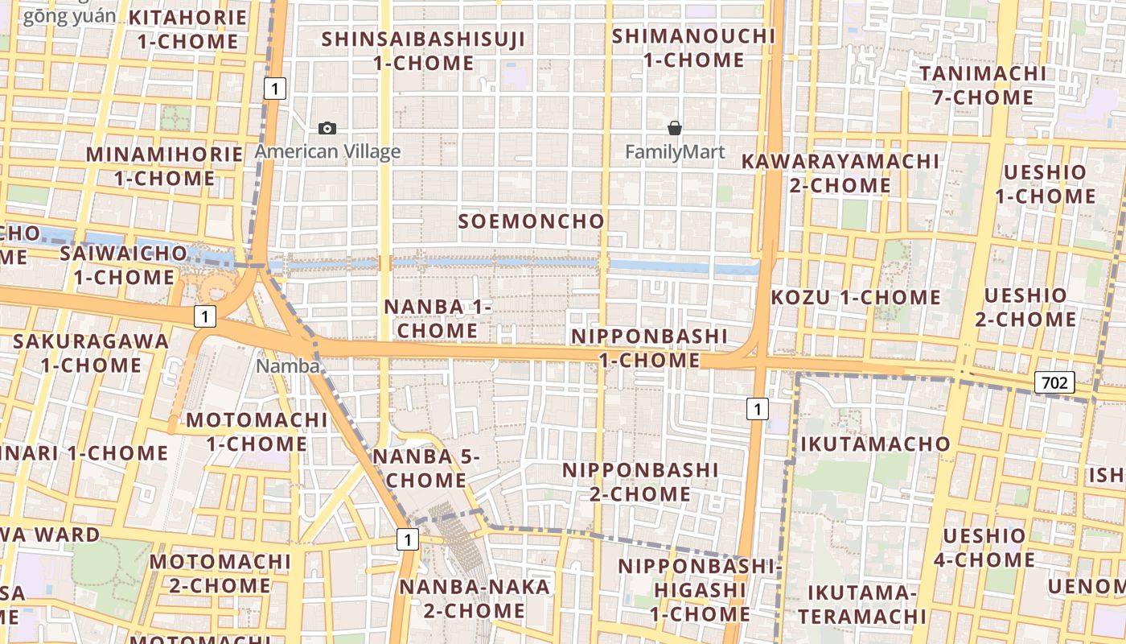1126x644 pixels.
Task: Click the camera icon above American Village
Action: (x=327, y=128)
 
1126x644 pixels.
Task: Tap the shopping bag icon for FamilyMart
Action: (x=675, y=128)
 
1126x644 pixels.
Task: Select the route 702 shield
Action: (x=1054, y=382)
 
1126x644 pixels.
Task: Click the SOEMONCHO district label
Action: (x=531, y=221)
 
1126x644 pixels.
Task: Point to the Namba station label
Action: (x=287, y=366)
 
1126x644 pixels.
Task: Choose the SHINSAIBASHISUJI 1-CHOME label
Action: (x=424, y=51)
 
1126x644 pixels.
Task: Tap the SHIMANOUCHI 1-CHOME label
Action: (x=693, y=48)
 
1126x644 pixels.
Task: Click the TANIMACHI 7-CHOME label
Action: (x=983, y=85)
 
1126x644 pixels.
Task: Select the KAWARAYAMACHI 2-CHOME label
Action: (x=840, y=173)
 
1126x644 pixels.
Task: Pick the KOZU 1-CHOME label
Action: (x=856, y=298)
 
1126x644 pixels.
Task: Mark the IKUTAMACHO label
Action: (x=875, y=444)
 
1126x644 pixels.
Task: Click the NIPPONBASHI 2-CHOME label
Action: (x=640, y=481)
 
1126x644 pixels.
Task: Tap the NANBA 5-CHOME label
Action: (x=425, y=469)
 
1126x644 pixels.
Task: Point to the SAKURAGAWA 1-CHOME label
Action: (x=92, y=353)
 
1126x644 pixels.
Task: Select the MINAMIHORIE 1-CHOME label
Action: (x=164, y=166)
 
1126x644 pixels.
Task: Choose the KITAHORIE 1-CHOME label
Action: (x=187, y=30)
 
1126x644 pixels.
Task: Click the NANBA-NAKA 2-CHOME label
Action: (x=475, y=598)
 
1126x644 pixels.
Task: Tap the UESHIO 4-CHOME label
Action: (x=988, y=547)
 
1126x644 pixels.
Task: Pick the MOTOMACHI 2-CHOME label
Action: (x=220, y=572)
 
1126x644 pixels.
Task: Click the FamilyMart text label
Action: (x=675, y=152)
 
